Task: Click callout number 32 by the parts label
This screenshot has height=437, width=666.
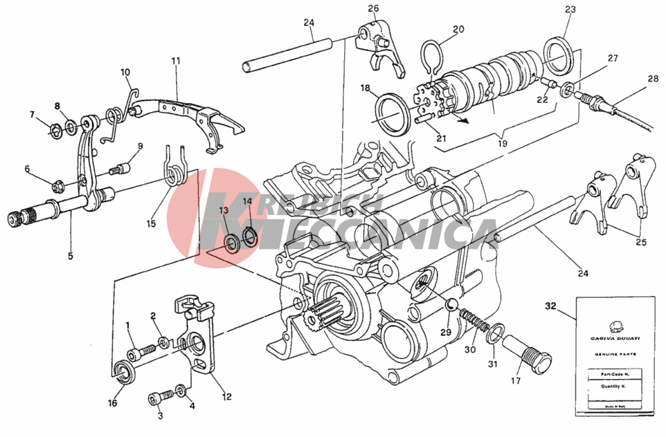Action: click(x=550, y=305)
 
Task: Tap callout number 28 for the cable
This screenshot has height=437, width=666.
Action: click(x=654, y=80)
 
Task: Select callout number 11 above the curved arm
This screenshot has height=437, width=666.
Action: click(x=176, y=61)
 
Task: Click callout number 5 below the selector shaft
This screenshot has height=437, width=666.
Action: click(x=71, y=255)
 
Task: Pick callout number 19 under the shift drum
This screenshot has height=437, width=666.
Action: click(x=503, y=144)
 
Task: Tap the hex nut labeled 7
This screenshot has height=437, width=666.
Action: click(x=54, y=127)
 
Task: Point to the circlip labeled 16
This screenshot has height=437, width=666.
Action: click(x=125, y=371)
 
